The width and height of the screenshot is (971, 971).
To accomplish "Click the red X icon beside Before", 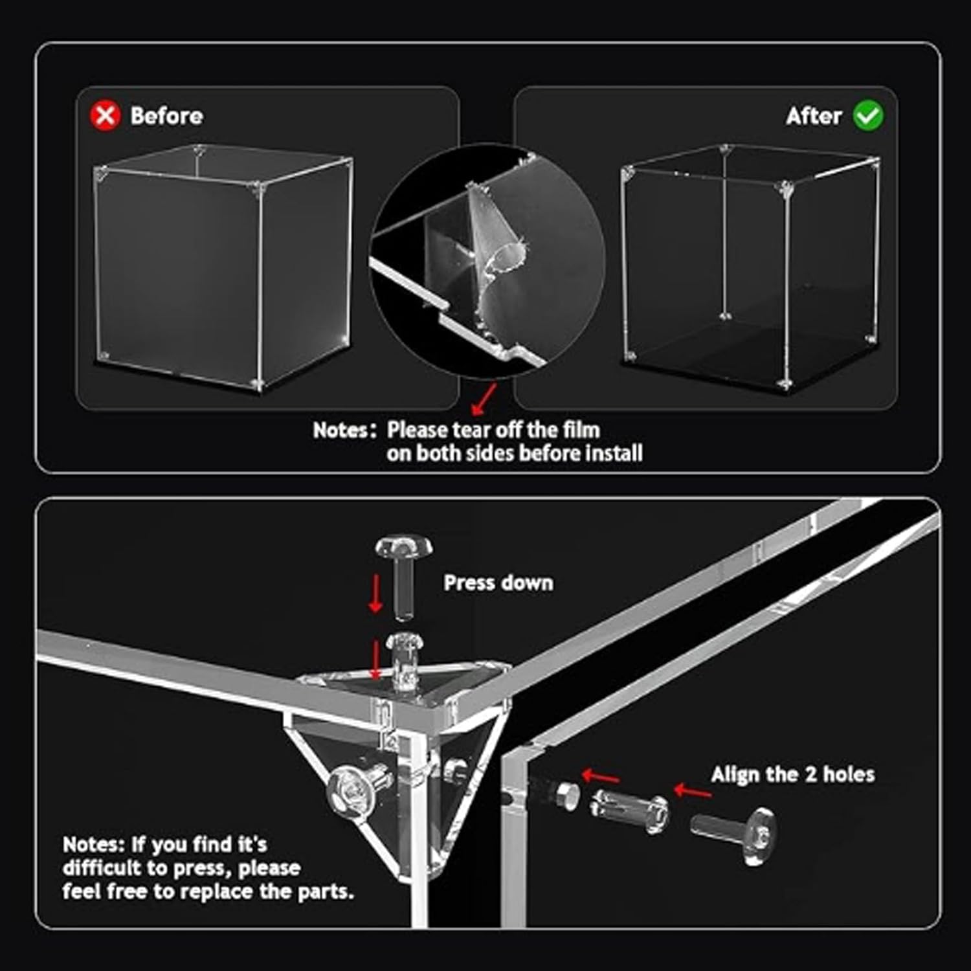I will point(105,116).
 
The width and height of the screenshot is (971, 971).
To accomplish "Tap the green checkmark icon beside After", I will point(867,116).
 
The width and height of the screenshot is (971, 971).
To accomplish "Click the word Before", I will point(166,116).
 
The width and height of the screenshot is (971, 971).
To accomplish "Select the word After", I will point(813,116).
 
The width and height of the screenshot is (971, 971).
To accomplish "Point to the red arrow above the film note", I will point(484,398).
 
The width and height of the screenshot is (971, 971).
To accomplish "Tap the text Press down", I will point(498,583).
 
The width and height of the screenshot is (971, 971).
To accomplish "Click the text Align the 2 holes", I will point(792,774).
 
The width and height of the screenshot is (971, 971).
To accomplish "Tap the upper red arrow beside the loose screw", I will point(375,592).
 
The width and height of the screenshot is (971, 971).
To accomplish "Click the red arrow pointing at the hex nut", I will point(599,776).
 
